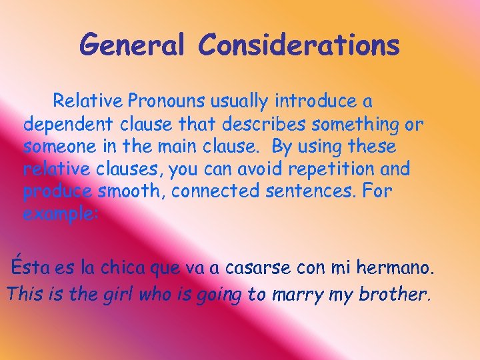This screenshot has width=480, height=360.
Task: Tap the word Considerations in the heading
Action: [x=299, y=45]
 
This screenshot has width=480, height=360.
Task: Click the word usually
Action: [x=240, y=101]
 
